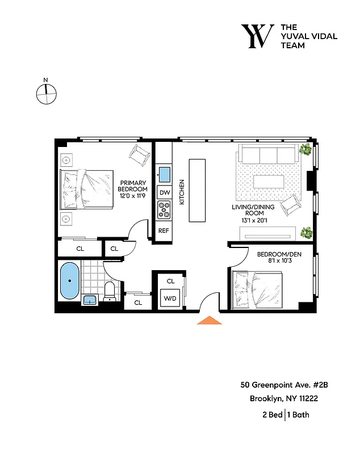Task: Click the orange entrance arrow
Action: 209,321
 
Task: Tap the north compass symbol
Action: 47,94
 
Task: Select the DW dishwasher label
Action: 164,193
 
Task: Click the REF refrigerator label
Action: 164,231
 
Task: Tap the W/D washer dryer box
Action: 170,298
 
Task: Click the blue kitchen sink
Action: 164,173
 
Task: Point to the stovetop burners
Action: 164,211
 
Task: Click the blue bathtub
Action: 70,282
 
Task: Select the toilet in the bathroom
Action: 110,291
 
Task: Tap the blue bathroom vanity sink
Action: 90,300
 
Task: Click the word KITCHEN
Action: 182,192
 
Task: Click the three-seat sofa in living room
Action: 268,154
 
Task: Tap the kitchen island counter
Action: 197,191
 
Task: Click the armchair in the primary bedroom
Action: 140,153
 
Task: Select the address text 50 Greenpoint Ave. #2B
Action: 284,385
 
